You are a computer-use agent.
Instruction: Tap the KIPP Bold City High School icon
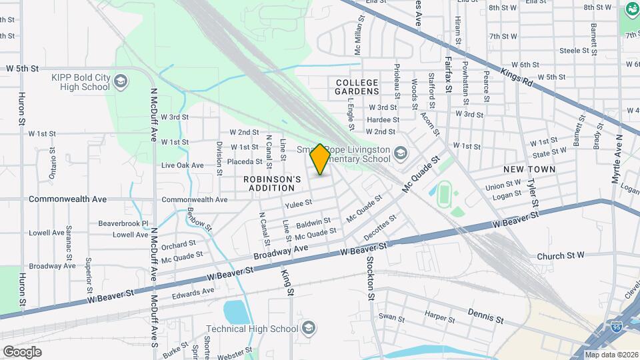[121, 82]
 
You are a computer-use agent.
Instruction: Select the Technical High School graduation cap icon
[308, 328]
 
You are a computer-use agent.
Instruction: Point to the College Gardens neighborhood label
[357, 87]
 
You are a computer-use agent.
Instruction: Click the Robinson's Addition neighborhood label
[272, 184]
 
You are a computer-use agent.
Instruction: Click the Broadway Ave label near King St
[281, 252]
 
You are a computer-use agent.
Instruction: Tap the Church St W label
[561, 255]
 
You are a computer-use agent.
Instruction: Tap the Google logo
[22, 352]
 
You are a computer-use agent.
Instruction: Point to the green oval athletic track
[444, 195]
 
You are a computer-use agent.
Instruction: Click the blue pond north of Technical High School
[235, 311]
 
